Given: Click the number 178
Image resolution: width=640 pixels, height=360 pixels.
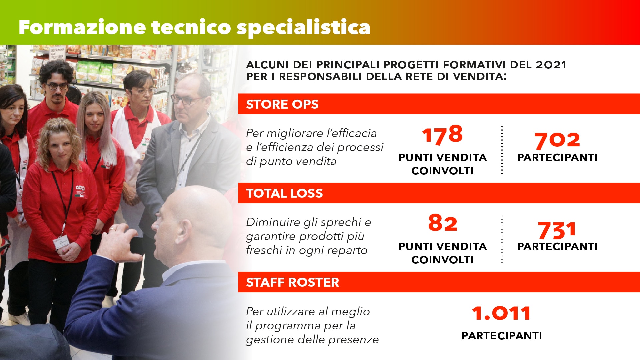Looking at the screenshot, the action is pyautogui.click(x=442, y=135).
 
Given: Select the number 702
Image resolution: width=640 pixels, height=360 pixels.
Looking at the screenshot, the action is pyautogui.click(x=557, y=140).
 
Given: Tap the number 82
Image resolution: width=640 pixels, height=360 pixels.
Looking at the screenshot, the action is pyautogui.click(x=443, y=223).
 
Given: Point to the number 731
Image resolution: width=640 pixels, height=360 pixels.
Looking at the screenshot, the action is pyautogui.click(x=557, y=230).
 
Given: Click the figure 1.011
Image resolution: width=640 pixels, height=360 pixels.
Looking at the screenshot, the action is pyautogui.click(x=501, y=313).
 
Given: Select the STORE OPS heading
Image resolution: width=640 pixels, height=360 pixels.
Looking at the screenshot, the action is pyautogui.click(x=282, y=104).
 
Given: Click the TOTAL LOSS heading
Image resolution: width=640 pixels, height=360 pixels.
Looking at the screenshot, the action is pyautogui.click(x=284, y=193).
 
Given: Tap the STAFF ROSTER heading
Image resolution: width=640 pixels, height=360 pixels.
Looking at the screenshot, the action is pyautogui.click(x=292, y=282).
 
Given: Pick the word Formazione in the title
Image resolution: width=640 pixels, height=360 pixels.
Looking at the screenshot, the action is pyautogui.click(x=82, y=27).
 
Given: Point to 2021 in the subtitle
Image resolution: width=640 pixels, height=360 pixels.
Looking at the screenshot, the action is pyautogui.click(x=551, y=65).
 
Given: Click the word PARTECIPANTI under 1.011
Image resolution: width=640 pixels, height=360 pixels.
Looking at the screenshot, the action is pyautogui.click(x=502, y=336).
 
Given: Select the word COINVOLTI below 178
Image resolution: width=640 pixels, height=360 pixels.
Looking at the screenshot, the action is pyautogui.click(x=442, y=171).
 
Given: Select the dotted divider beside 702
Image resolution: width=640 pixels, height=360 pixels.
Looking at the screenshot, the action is pyautogui.click(x=502, y=150).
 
